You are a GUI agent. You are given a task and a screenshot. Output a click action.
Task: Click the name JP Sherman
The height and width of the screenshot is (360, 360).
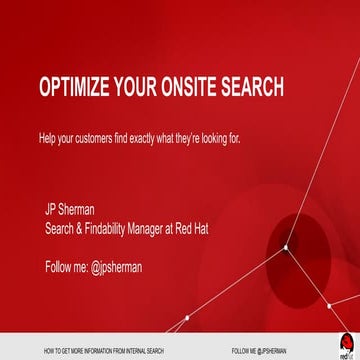click(69, 209)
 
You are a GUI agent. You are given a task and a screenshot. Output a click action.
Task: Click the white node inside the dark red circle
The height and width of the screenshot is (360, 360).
click(286, 246)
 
